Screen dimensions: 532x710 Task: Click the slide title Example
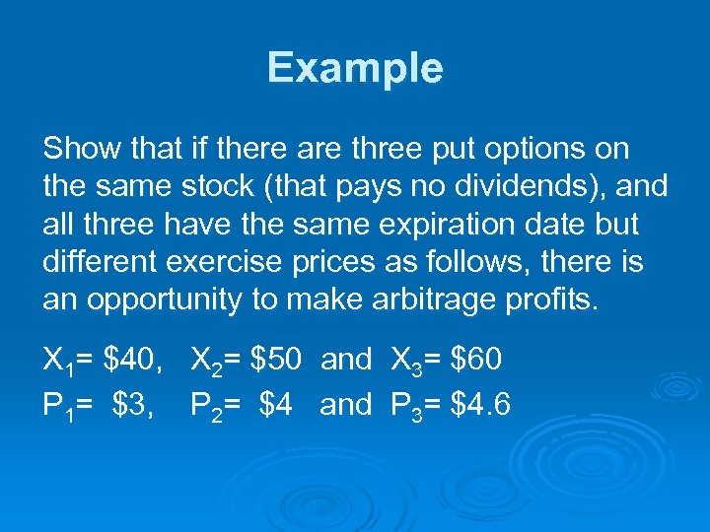point(355,68)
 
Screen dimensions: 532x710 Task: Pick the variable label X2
point(206,362)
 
